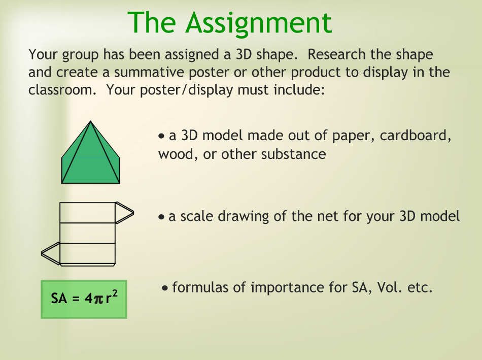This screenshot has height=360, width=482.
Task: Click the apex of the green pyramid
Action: pos(90,121)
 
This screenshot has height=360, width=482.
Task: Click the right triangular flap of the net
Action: pos(124,213)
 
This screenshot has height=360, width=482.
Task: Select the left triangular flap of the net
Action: pos(51,253)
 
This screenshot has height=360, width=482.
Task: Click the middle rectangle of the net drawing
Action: pos(87,233)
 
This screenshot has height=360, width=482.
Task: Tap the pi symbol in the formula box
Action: pos(98,299)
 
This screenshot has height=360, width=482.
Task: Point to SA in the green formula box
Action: pos(59,298)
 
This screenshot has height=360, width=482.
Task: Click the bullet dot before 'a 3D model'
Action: pos(161,136)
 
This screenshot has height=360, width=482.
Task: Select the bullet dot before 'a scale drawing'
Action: pos(161,217)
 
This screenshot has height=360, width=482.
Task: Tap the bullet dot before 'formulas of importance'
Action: pos(165,288)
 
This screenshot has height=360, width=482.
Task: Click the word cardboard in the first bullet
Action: pos(416,136)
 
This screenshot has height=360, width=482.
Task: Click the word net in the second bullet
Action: pos(328,217)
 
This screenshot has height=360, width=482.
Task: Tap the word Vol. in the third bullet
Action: pos(390,287)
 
